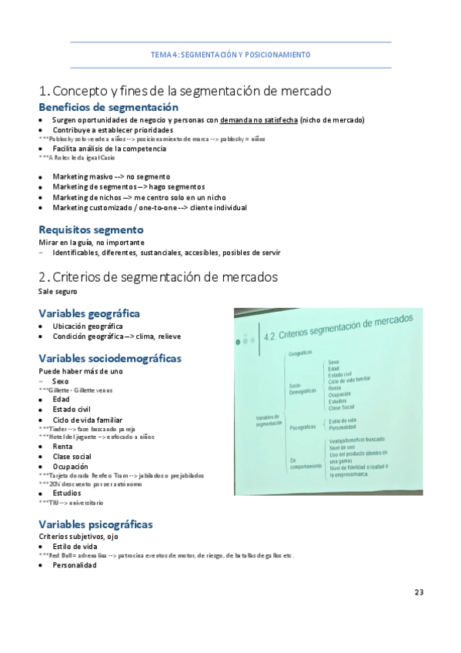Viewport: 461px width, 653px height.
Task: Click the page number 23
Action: [419, 592]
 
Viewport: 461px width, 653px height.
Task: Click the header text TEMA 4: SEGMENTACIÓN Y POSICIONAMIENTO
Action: [230, 55]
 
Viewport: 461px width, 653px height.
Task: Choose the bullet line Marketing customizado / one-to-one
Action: [149, 207]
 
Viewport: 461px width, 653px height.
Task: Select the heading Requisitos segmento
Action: [91, 229]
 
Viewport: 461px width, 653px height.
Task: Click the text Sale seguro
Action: [58, 292]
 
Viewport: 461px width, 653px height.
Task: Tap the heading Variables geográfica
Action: [89, 313]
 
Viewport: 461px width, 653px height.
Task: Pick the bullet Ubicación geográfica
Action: [87, 326]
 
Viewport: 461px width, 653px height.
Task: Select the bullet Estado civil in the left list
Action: [72, 409]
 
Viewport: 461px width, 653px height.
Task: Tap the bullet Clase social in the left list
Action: [72, 457]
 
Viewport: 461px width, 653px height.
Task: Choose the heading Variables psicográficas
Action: [95, 524]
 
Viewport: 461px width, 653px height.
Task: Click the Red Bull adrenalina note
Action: [165, 555]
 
